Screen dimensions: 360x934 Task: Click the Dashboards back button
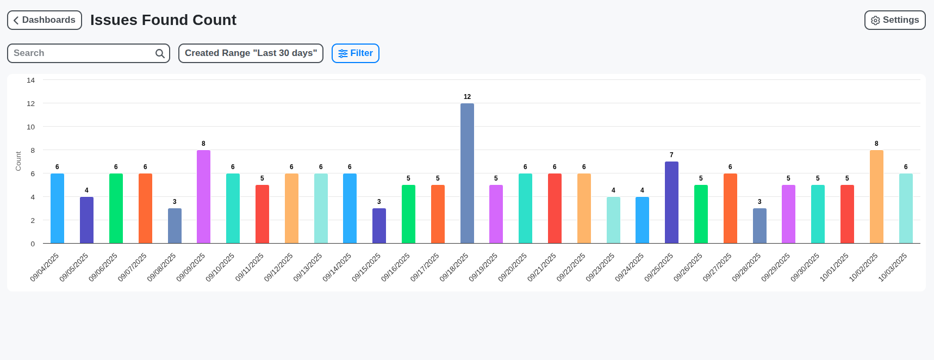click(x=45, y=20)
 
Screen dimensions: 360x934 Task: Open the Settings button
click(x=894, y=20)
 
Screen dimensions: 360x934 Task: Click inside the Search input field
click(x=82, y=53)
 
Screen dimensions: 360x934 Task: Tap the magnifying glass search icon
click(x=160, y=53)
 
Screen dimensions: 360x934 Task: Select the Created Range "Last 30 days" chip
click(x=251, y=53)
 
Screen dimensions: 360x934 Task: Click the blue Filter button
click(x=356, y=53)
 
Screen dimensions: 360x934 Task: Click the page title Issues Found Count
click(x=163, y=20)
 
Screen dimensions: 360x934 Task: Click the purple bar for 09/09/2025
click(x=203, y=196)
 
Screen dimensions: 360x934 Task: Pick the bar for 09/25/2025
click(x=671, y=202)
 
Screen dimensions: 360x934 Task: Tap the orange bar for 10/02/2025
click(x=876, y=196)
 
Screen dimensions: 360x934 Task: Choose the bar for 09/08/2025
click(x=175, y=226)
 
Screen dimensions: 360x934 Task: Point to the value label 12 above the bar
click(x=467, y=97)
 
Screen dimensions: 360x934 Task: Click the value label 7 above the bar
click(x=671, y=155)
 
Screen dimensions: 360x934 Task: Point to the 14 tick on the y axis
click(x=31, y=80)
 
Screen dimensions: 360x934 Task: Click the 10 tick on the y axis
click(x=31, y=127)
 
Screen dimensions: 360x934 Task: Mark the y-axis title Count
click(x=18, y=161)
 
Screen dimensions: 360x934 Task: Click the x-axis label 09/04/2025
click(x=45, y=267)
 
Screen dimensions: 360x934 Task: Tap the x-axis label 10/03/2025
click(x=893, y=267)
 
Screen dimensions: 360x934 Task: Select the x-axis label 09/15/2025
click(x=366, y=267)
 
